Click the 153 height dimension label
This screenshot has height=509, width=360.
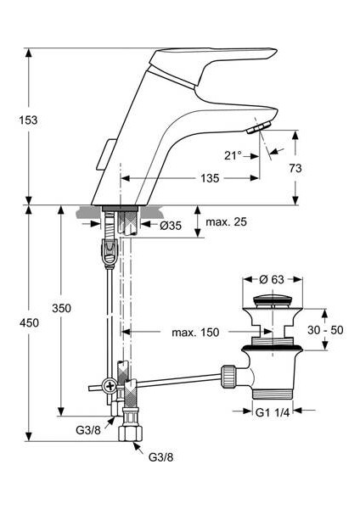(x=28, y=120)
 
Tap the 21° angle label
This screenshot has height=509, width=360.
(x=233, y=156)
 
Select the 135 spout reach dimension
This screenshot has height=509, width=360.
(x=210, y=178)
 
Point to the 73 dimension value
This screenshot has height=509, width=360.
(x=295, y=168)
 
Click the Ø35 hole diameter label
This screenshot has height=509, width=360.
(x=171, y=226)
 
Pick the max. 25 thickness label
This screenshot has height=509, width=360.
(x=226, y=222)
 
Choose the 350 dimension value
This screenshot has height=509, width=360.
(x=61, y=308)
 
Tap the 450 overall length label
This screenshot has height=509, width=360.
(x=29, y=323)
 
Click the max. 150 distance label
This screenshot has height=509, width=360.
(x=195, y=333)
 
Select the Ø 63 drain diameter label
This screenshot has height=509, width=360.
(x=272, y=279)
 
